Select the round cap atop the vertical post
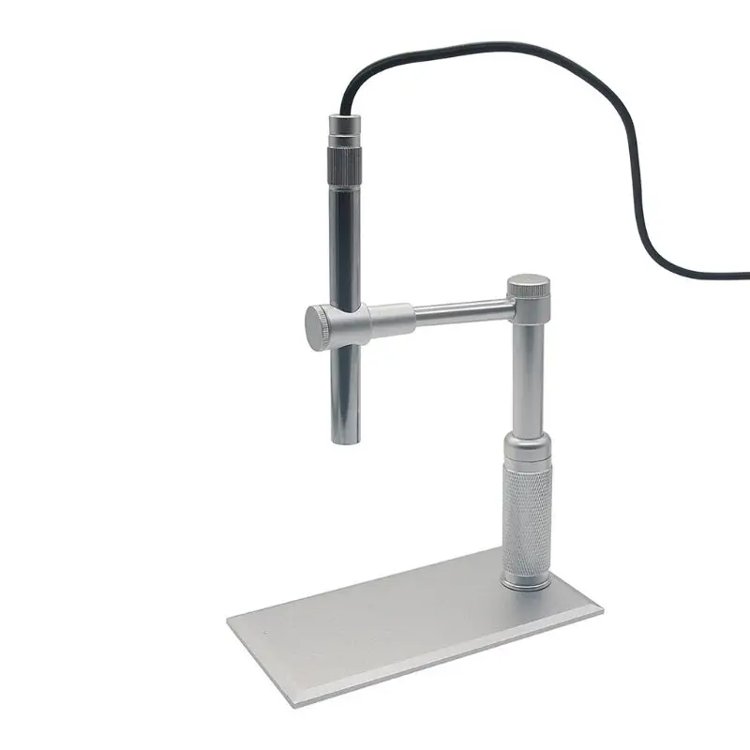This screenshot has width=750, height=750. click(x=530, y=285)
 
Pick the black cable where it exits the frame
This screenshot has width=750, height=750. click(x=744, y=275)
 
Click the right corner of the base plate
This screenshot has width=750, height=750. click(x=600, y=610)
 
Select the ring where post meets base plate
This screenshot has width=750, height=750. click(x=527, y=583)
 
